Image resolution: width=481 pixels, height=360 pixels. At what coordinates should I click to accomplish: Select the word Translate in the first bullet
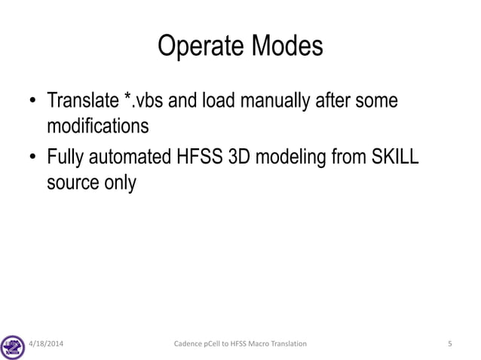tap(81, 100)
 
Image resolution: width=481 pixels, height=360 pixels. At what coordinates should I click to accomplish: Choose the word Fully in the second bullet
tap(66, 161)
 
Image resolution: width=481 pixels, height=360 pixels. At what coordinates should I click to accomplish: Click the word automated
tap(128, 161)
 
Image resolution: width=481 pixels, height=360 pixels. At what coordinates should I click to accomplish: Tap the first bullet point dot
tap(32, 102)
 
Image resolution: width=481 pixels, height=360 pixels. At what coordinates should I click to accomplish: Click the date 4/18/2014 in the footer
tap(46, 344)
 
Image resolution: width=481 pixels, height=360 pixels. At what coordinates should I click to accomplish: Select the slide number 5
tap(449, 344)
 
